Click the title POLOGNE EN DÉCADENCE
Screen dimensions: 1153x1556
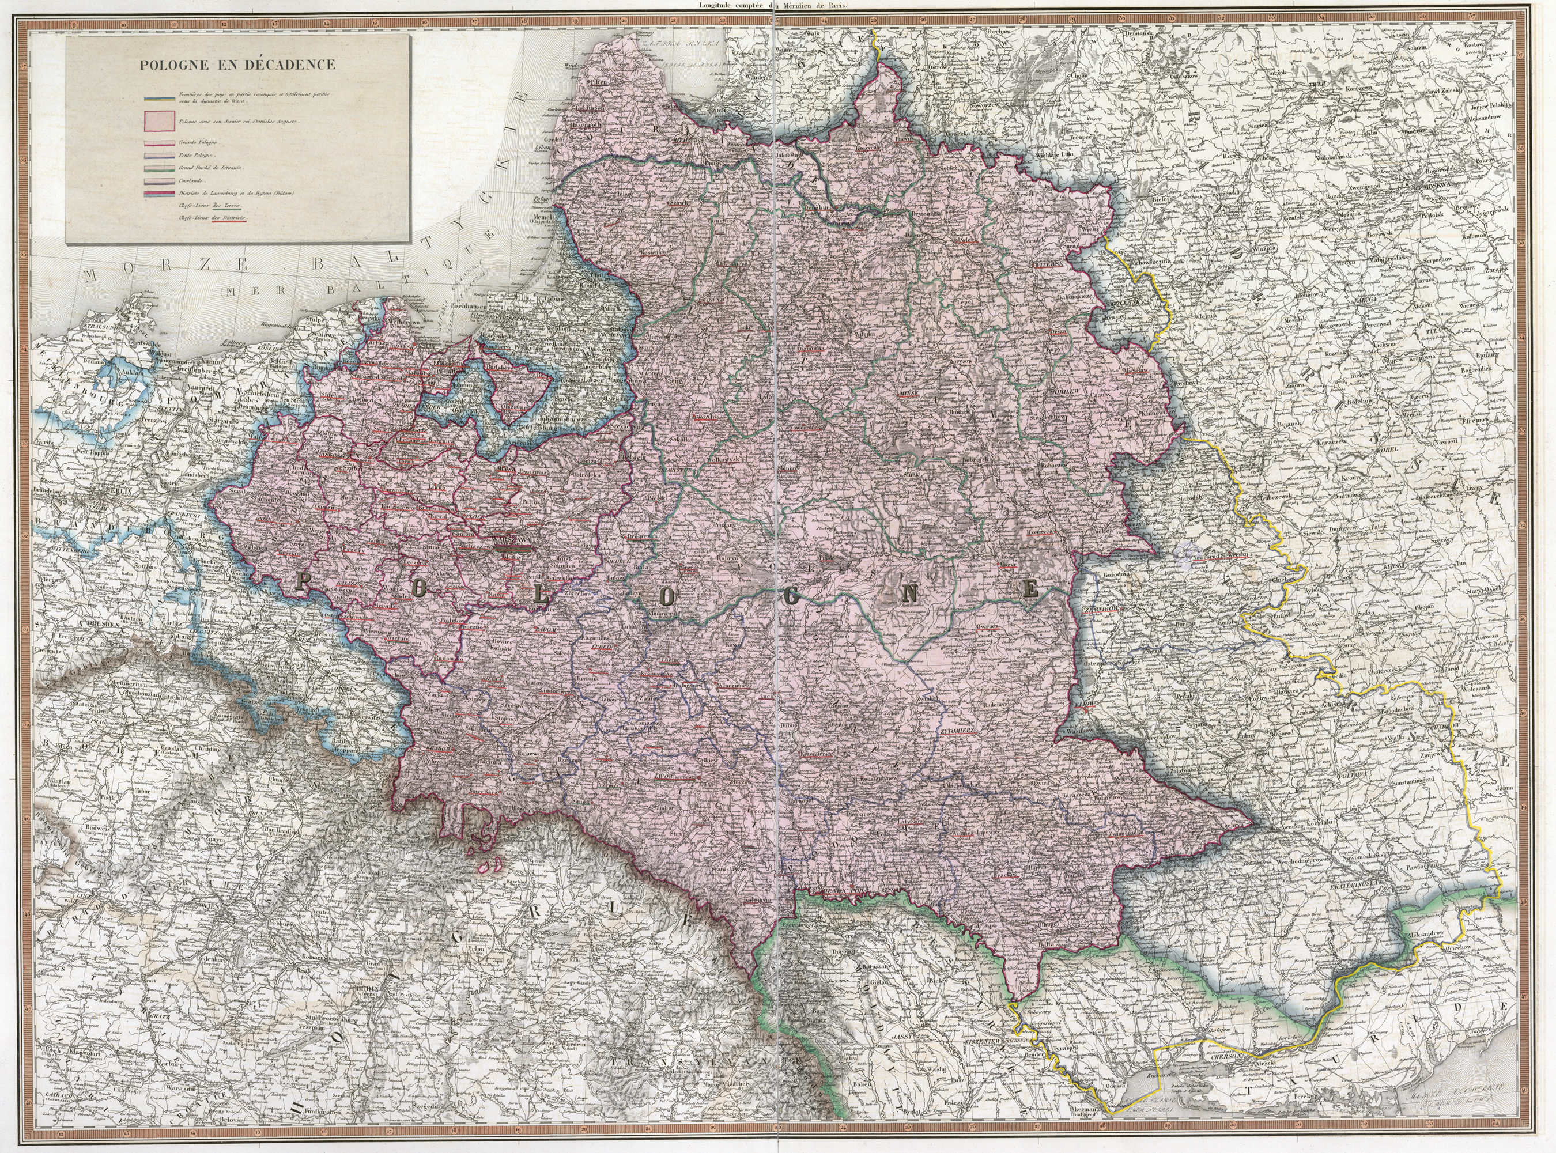tap(237, 65)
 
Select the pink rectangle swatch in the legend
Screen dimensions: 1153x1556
tap(158, 122)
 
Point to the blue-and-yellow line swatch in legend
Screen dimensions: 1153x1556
tap(158, 96)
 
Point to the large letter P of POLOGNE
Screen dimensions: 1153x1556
tap(302, 581)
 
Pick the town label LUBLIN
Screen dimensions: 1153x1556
tap(601, 647)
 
